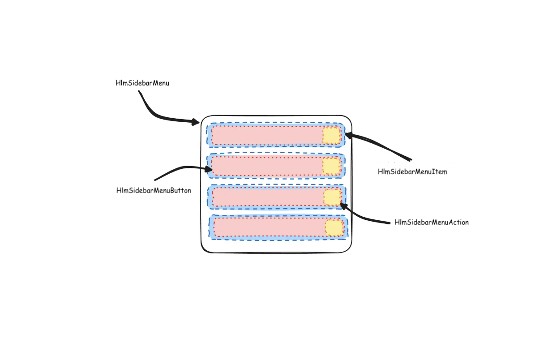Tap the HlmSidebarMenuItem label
[x=412, y=171]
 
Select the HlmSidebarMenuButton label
[x=154, y=190]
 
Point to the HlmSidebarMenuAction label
[x=432, y=222]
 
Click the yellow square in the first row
[x=331, y=135]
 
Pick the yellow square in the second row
[x=332, y=167]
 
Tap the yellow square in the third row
[x=332, y=197]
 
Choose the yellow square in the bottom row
[x=334, y=228]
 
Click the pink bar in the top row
[x=267, y=135]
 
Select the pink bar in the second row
[x=267, y=166]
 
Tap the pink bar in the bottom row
[x=269, y=227]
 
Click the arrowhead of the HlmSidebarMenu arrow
[x=196, y=121]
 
